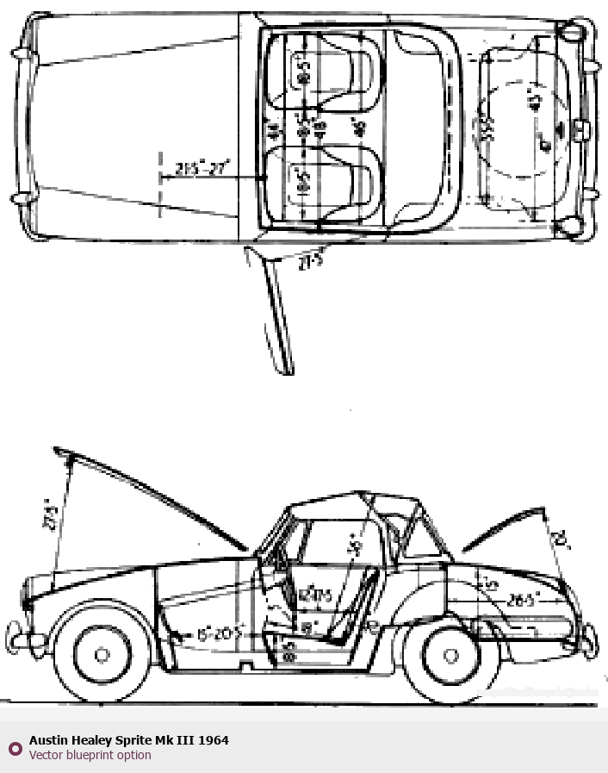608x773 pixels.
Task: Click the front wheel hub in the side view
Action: pyautogui.click(x=102, y=655)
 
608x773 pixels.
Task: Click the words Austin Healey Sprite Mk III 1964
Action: pyautogui.click(x=128, y=740)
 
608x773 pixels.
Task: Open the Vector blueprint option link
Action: pyautogui.click(x=90, y=755)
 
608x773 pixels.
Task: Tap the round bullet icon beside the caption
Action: pyautogui.click(x=15, y=748)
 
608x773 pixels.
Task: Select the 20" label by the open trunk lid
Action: pyautogui.click(x=561, y=539)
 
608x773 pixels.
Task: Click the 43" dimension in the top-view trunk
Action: pyautogui.click(x=535, y=101)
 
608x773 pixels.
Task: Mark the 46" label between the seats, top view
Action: pyautogui.click(x=361, y=128)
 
